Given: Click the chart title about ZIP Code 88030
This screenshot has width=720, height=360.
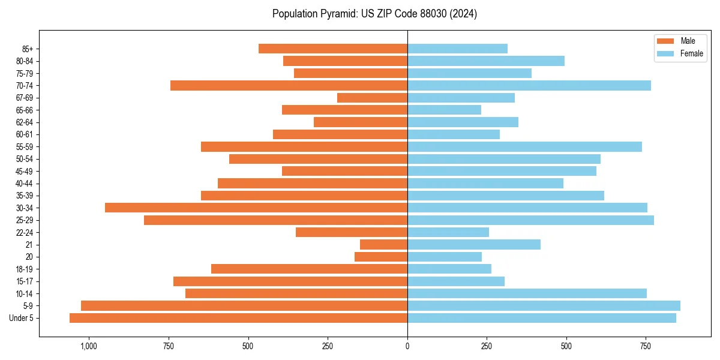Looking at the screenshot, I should click(374, 14).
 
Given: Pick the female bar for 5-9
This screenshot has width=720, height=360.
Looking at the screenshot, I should click(544, 306).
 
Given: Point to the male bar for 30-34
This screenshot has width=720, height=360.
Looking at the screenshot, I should click(256, 208).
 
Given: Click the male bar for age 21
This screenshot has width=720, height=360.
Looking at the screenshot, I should click(383, 245).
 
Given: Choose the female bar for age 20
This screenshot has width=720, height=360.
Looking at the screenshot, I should click(445, 257).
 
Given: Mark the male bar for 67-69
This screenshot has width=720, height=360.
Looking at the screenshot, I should click(372, 98).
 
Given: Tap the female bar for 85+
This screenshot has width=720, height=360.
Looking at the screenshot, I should click(457, 49).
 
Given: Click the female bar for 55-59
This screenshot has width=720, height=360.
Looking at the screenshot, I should click(524, 146).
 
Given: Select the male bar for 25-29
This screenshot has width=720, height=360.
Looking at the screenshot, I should click(275, 220).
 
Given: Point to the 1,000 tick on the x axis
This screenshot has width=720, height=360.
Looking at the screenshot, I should click(89, 346).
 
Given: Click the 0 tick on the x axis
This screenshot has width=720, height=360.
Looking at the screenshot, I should click(407, 346).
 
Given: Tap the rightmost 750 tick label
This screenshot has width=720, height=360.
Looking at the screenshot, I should click(646, 346).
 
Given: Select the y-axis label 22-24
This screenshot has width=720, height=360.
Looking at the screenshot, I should click(25, 233).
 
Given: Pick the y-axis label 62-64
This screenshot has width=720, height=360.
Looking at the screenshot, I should click(25, 122).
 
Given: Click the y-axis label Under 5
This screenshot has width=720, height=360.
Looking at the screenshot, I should click(22, 318).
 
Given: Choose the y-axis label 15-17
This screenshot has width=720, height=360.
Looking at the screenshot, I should click(25, 281).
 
